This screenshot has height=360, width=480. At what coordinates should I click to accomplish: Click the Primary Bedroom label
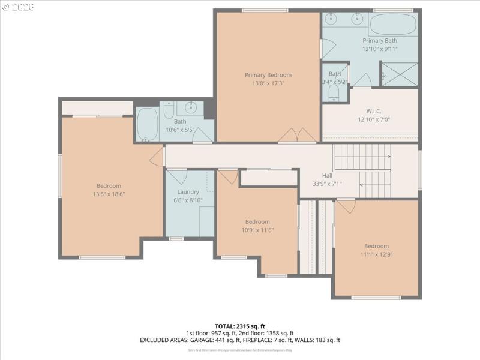tap(268, 75)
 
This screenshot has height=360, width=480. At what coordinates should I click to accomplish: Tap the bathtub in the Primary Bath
tap(393, 25)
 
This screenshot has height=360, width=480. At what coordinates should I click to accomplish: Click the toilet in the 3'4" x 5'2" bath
tap(334, 92)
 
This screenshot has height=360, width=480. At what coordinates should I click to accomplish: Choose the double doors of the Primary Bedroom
tap(297, 136)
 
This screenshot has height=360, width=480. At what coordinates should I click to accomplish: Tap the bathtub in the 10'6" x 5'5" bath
tap(146, 124)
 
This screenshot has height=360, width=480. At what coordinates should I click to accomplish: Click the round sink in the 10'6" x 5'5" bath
tap(191, 109)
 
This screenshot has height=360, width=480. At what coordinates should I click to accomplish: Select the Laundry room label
tap(188, 192)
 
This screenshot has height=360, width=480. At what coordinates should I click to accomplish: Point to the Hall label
tap(327, 175)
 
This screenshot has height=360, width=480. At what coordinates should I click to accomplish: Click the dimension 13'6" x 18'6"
tap(109, 194)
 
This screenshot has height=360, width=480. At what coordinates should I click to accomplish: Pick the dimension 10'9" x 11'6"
tap(257, 230)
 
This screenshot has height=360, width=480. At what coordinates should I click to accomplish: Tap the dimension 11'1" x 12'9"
tap(376, 254)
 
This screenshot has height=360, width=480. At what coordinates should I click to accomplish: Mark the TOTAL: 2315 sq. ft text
tap(240, 326)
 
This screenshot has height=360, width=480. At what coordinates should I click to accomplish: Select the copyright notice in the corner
tap(19, 7)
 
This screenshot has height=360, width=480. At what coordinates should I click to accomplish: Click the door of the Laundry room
tap(177, 176)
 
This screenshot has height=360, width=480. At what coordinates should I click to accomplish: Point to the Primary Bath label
tap(379, 40)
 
